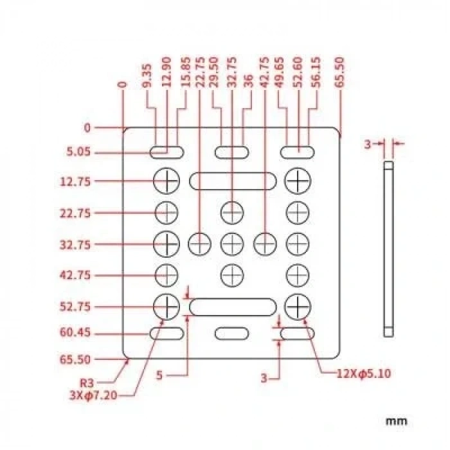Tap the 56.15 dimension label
[x=316, y=72]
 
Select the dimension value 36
[x=249, y=80]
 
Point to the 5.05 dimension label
[x=78, y=152]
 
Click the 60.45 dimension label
[x=75, y=332]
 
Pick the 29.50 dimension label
[x=214, y=72]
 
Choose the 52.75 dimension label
[x=75, y=307]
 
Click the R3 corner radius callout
[x=87, y=383]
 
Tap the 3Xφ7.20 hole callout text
[x=94, y=396]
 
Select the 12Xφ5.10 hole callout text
[x=364, y=373]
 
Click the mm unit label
[x=397, y=421]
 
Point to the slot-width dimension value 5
[x=159, y=375]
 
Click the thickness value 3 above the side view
[x=368, y=145]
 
